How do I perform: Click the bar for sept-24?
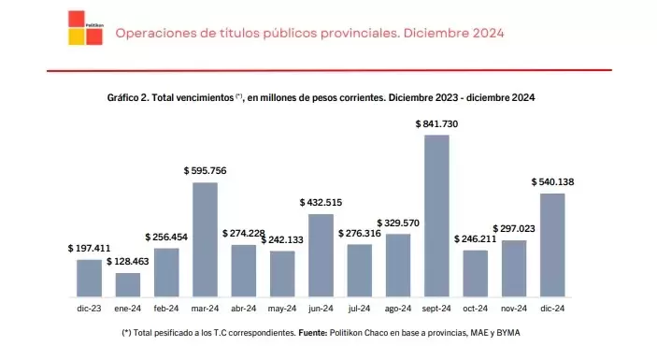tap(436, 216)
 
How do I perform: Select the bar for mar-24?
tap(205, 239)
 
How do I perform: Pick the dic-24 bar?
tap(552, 245)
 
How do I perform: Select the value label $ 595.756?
tap(205, 170)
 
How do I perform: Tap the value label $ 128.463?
tap(128, 263)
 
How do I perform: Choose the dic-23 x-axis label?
tap(89, 308)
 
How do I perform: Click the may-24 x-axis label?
tap(281, 308)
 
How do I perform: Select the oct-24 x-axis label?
tap(475, 308)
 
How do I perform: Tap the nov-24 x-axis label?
tap(513, 308)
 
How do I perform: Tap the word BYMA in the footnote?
tap(521, 333)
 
